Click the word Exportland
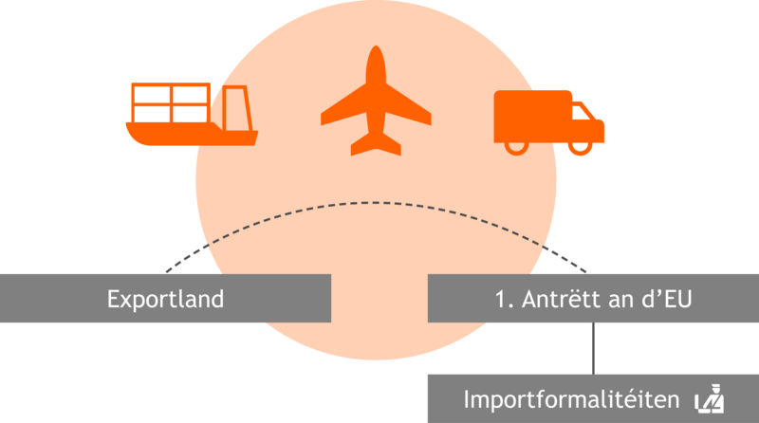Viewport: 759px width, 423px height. [165, 299]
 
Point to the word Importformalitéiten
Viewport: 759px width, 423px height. [572, 399]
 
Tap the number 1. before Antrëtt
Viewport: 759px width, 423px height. [504, 299]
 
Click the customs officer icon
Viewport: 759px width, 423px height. [710, 398]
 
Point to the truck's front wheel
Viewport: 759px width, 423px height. [581, 148]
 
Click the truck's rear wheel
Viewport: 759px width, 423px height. [516, 148]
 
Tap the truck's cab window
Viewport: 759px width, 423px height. [581, 112]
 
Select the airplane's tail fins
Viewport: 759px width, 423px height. [376, 144]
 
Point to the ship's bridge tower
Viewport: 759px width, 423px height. [236, 108]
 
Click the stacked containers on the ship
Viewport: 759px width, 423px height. [171, 103]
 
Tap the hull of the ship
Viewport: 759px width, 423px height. [192, 135]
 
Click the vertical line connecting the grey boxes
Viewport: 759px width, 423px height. [594, 348]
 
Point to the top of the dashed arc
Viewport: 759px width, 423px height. [376, 203]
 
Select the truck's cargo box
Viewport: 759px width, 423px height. [532, 116]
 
